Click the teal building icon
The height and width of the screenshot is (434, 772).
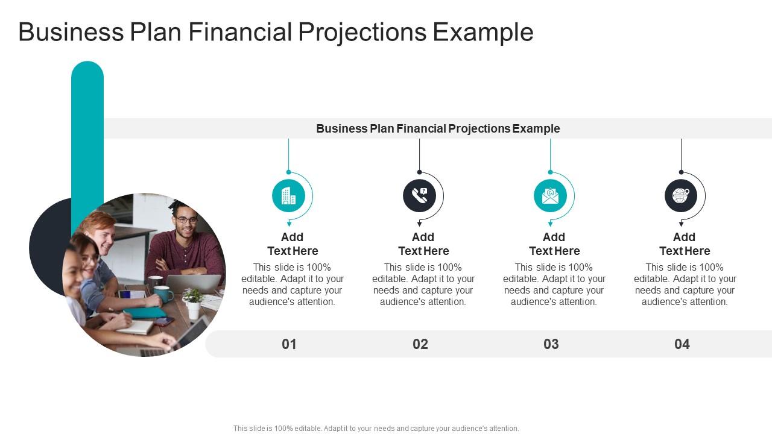tap(288, 196)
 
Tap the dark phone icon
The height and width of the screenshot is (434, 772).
tap(419, 196)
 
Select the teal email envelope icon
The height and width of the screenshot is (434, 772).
tap(550, 196)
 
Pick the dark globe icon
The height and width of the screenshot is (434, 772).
tap(681, 196)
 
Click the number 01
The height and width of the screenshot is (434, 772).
tap(289, 344)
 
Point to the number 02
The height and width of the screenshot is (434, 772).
tap(420, 344)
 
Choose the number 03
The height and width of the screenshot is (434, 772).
tap(551, 344)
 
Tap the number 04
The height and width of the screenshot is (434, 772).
tap(682, 344)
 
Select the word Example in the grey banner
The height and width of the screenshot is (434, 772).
tap(536, 128)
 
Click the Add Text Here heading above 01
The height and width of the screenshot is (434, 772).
tap(293, 244)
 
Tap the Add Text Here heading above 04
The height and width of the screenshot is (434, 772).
tap(685, 244)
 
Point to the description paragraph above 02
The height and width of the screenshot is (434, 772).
tap(423, 285)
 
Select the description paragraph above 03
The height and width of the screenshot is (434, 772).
tap(554, 285)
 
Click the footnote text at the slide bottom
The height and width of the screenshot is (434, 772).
tap(376, 429)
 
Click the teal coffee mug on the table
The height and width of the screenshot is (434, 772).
tap(163, 294)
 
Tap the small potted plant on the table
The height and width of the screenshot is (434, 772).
tap(192, 302)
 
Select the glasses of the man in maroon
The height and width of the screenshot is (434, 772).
tap(186, 220)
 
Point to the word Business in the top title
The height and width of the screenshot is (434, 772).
tap(71, 32)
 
